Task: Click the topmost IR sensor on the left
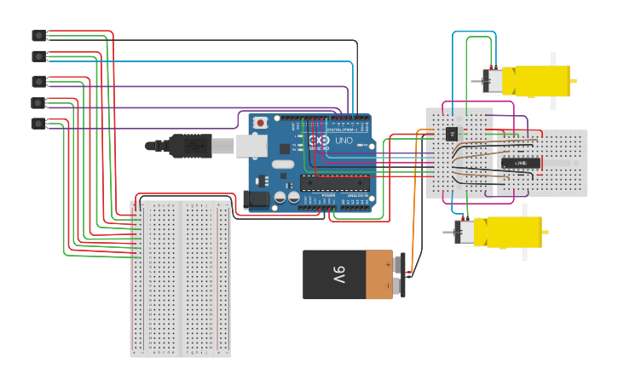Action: pos(38,35)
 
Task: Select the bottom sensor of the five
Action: pos(38,124)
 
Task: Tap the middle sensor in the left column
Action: pos(38,82)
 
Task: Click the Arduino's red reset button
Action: pos(260,123)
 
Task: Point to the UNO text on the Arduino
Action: pos(344,140)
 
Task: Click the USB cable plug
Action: pos(191,146)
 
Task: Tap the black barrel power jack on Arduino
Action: pos(256,200)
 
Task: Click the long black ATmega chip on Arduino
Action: pos(335,181)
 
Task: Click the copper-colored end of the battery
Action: pos(379,274)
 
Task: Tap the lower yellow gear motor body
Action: pos(508,232)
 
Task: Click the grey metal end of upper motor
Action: pos(492,81)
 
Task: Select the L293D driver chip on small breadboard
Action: pos(519,162)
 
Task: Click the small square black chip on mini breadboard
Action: pos(452,133)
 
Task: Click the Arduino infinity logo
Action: pos(318,140)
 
